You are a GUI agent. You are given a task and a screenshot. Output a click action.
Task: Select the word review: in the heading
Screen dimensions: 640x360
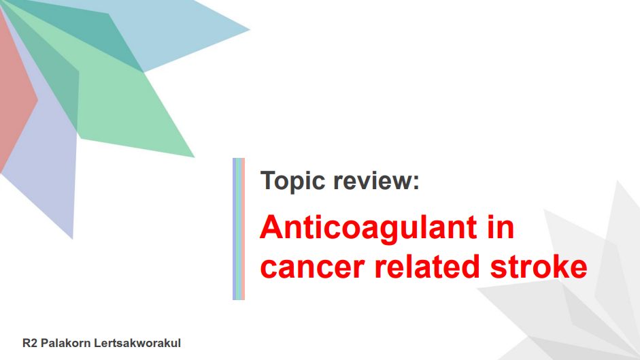376,180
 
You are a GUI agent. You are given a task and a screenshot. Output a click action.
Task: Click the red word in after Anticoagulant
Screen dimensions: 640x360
501,227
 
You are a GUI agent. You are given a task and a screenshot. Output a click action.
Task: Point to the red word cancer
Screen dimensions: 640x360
312,267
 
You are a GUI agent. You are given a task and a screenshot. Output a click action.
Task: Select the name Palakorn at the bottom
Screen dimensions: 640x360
66,343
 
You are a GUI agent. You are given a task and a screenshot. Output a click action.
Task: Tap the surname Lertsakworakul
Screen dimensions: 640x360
137,343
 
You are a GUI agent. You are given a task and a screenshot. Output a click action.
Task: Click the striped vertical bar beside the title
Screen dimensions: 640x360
239,229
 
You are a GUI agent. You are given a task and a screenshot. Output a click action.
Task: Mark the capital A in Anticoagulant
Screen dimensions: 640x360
271,227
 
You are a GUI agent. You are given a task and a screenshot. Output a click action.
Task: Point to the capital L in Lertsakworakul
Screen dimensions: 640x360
97,343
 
